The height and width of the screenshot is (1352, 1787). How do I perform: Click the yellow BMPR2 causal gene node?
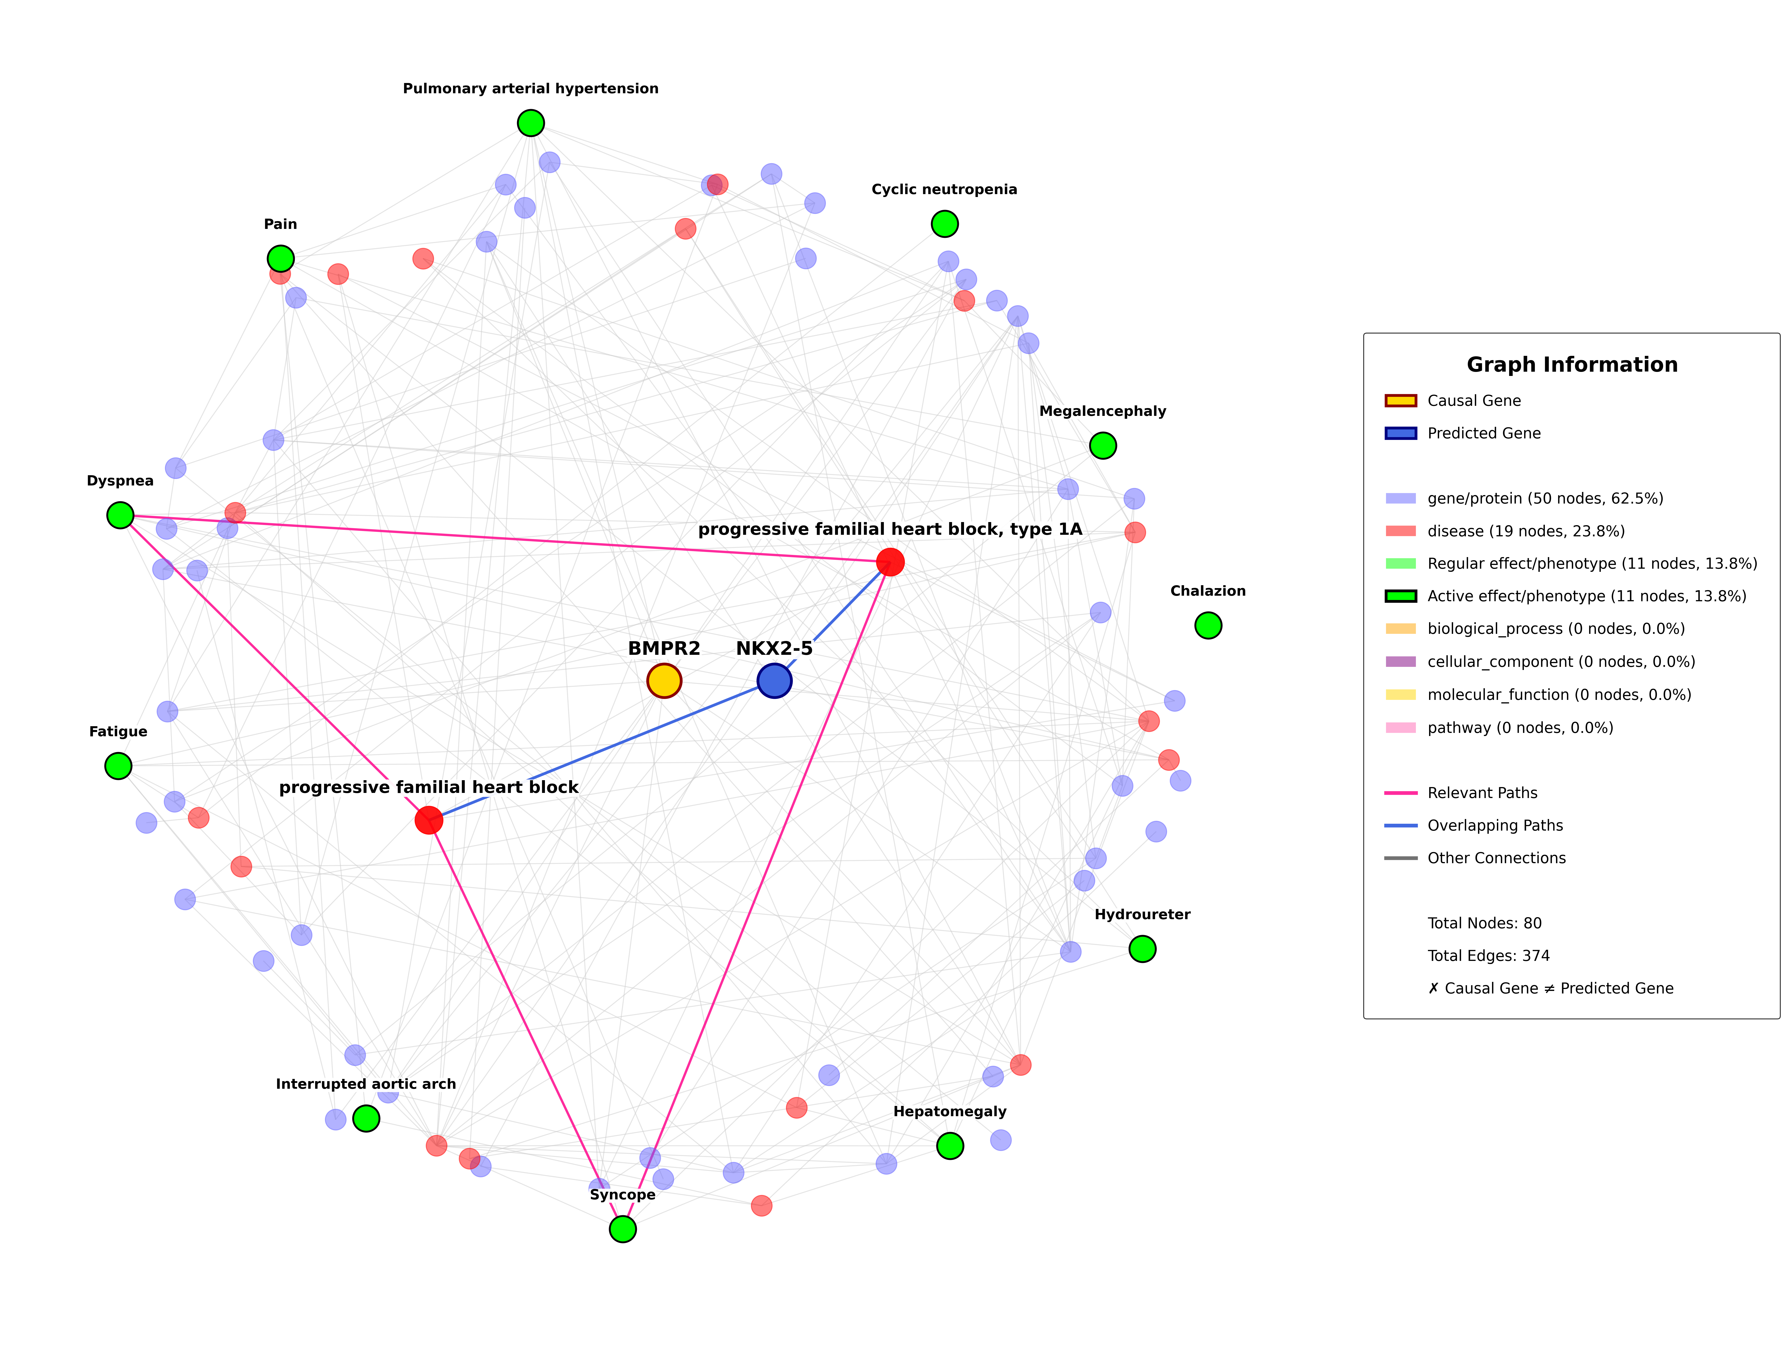(x=664, y=681)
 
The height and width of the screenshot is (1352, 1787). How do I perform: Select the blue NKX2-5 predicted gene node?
(x=774, y=681)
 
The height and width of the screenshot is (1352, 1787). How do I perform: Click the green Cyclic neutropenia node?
(x=944, y=224)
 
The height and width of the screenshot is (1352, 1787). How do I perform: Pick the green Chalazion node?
(x=1208, y=625)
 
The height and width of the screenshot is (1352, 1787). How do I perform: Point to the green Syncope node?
(x=622, y=1229)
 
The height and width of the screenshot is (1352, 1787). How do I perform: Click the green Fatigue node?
(x=118, y=766)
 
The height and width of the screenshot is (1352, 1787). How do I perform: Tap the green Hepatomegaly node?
(x=950, y=1145)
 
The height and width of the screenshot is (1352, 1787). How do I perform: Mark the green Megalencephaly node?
(x=1103, y=445)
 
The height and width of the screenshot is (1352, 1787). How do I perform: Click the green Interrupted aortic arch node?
(x=366, y=1119)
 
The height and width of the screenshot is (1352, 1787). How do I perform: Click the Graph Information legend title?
(x=1571, y=365)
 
